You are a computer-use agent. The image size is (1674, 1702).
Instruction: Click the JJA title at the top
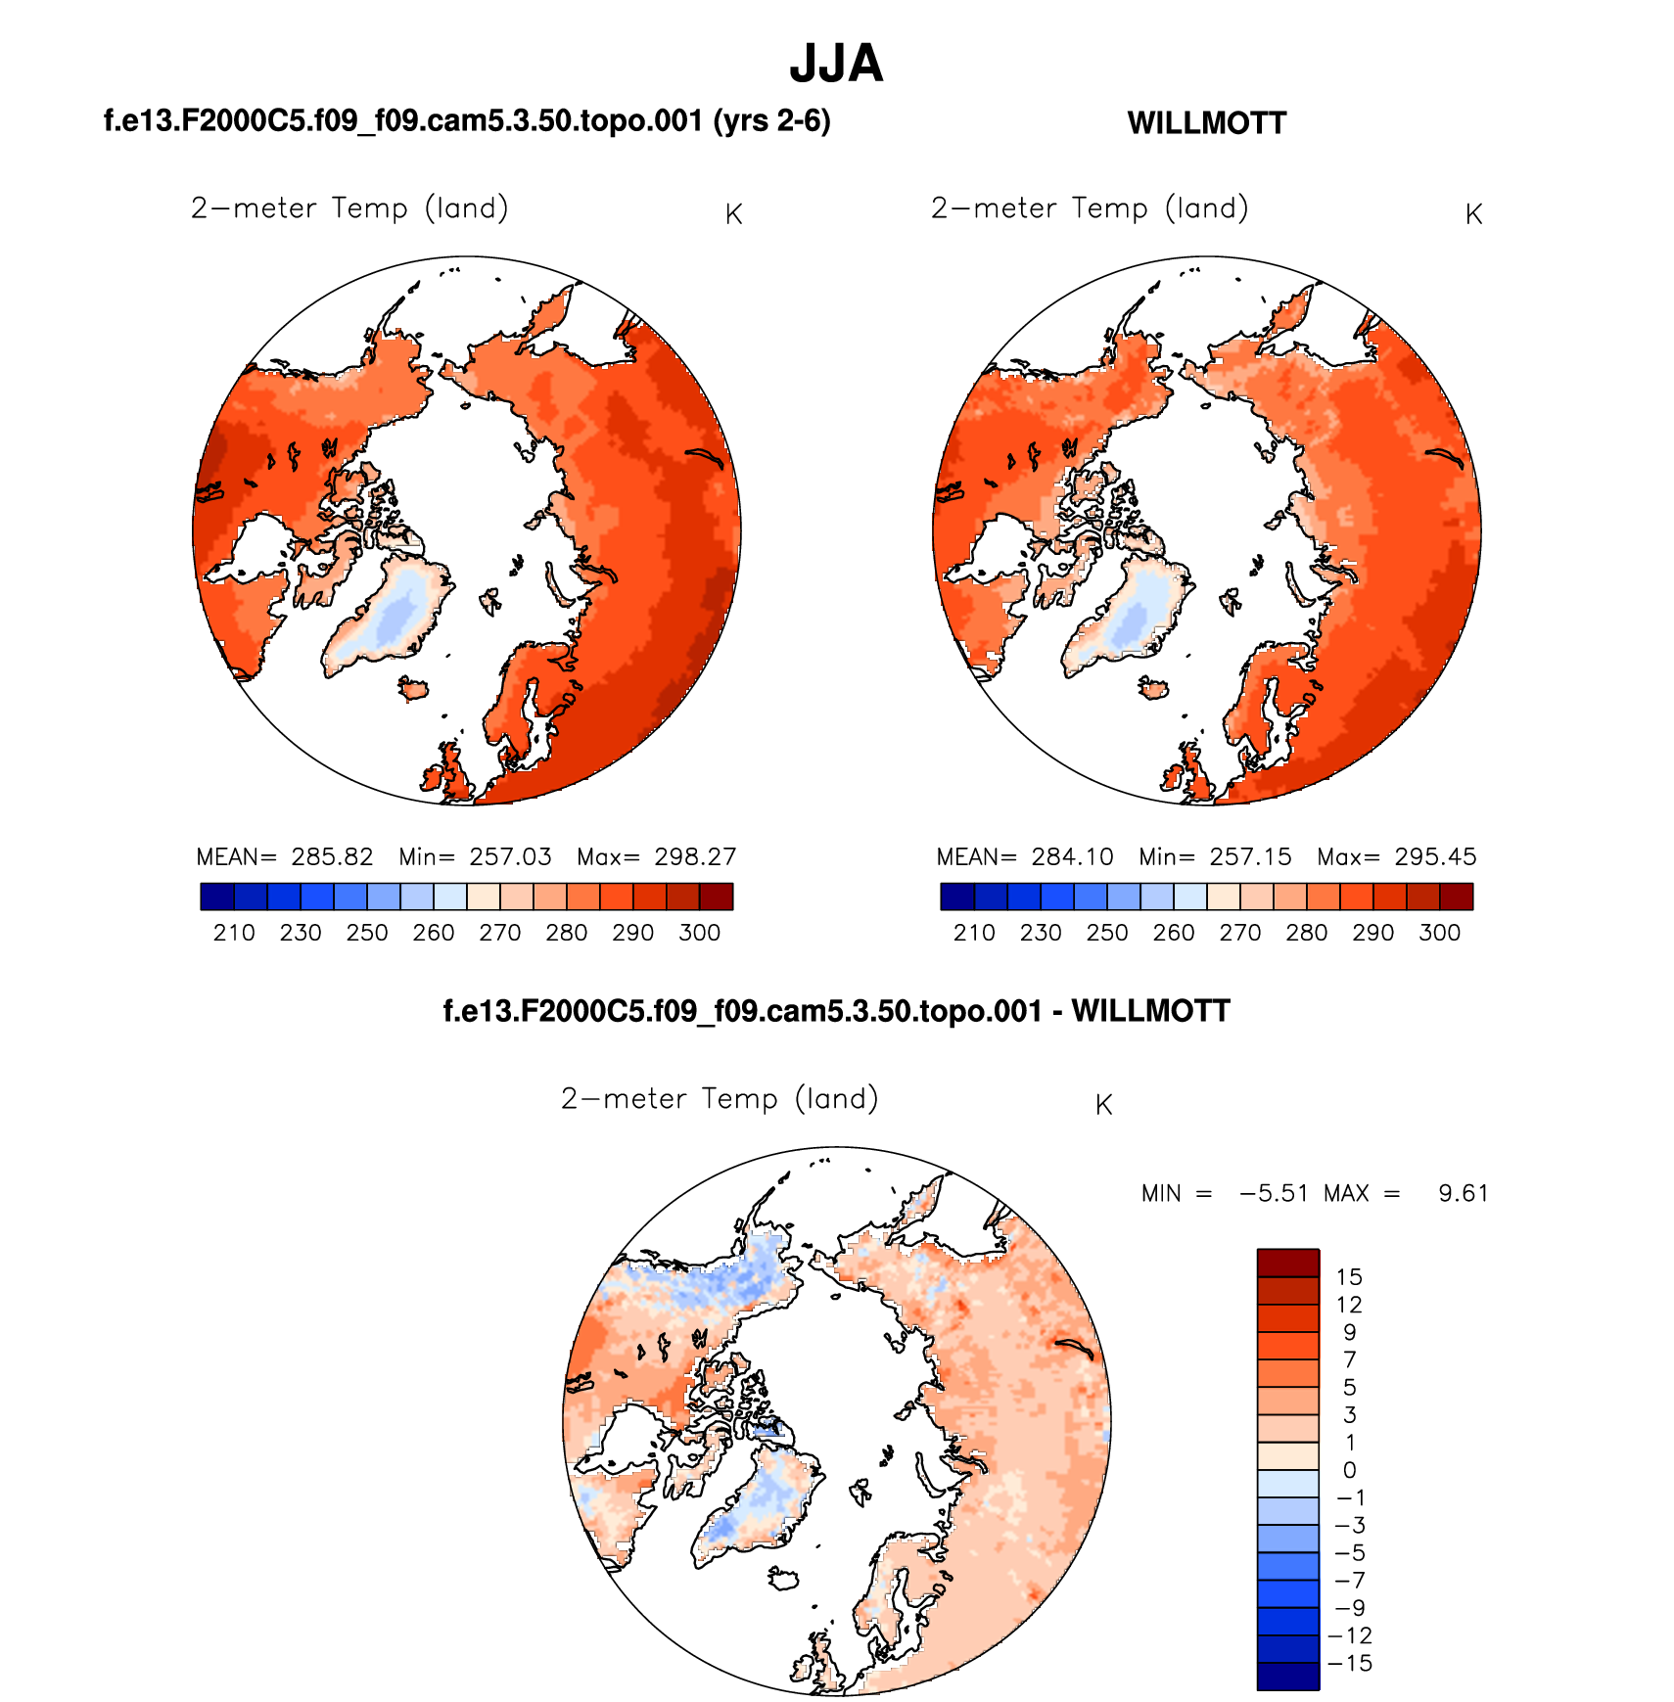click(x=836, y=64)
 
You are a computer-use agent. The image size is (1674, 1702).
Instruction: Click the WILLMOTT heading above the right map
click(x=1206, y=123)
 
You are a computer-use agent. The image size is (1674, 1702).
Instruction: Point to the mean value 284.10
click(x=1072, y=857)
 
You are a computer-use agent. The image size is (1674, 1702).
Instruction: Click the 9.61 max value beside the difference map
click(x=1463, y=1193)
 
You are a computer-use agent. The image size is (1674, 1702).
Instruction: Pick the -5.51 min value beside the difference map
click(x=1274, y=1193)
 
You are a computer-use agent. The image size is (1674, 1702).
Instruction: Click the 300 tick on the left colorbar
click(x=699, y=933)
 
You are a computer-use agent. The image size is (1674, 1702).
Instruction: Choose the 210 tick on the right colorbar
click(x=974, y=933)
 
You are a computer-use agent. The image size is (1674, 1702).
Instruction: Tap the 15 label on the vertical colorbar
click(x=1349, y=1276)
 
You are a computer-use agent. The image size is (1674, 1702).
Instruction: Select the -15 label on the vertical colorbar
click(x=1350, y=1663)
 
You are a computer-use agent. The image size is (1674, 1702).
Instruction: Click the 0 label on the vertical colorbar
click(x=1349, y=1470)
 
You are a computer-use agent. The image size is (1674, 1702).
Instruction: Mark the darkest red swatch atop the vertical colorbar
click(x=1288, y=1263)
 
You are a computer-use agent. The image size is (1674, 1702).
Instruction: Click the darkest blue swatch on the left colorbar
click(x=217, y=897)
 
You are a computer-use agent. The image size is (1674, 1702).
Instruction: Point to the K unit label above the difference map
click(x=1103, y=1105)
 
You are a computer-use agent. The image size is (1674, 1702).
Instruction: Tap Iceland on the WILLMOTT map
click(x=1154, y=688)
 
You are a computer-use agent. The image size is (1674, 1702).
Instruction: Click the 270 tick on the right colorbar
click(x=1239, y=933)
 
